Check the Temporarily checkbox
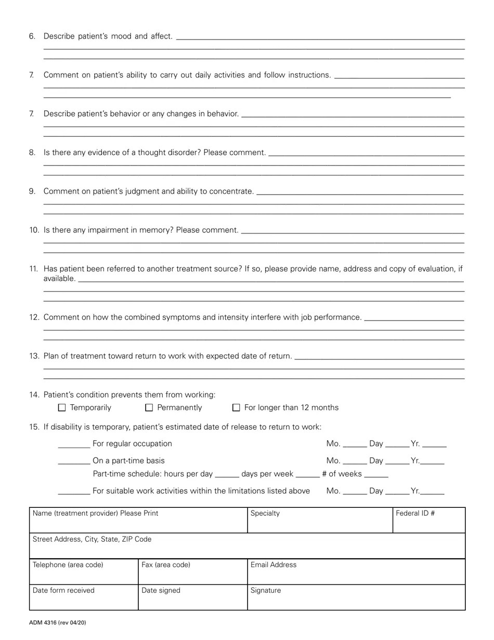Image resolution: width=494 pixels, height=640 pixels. pos(62,408)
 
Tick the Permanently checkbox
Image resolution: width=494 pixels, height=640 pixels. pos(149,408)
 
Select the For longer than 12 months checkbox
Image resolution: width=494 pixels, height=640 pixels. pos(236,408)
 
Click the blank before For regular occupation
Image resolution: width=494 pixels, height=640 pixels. pos(74,445)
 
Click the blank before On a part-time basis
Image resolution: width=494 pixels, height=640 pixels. pos(74,462)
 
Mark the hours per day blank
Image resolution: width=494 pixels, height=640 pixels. pos(227,475)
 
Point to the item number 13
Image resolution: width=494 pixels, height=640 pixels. pos(34,356)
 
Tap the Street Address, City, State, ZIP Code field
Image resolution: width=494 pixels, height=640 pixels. pos(247,546)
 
